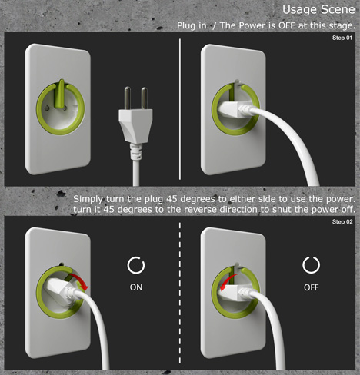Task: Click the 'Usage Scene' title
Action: click(318, 9)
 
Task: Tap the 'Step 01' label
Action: click(342, 38)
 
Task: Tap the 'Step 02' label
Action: click(342, 221)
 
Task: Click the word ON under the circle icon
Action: click(136, 287)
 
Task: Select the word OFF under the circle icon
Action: click(311, 287)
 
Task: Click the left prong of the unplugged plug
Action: click(128, 98)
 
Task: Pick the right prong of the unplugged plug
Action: click(145, 98)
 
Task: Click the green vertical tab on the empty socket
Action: click(60, 94)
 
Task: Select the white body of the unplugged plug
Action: click(135, 125)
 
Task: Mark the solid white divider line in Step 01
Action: click(180, 109)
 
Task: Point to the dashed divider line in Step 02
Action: click(180, 293)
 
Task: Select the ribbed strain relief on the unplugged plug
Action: click(136, 151)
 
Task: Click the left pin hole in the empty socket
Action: click(47, 108)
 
